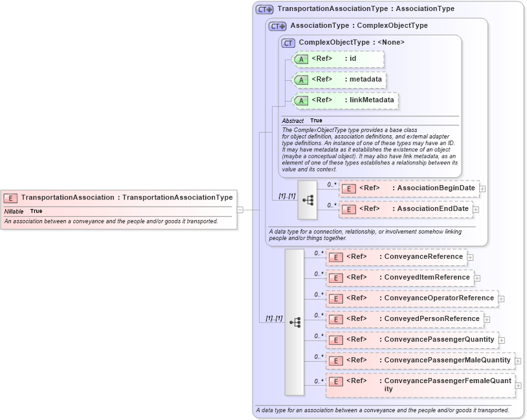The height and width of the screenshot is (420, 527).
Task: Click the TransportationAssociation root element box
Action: pos(118,197)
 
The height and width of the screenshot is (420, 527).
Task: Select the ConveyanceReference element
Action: pos(396,257)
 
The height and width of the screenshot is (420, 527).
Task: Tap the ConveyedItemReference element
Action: pos(399,278)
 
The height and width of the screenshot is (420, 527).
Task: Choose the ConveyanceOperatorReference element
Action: pos(411,298)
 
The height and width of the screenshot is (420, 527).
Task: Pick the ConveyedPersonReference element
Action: pos(404,319)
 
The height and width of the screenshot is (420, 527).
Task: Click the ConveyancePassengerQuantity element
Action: pos(411,340)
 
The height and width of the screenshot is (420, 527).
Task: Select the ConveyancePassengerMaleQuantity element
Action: pos(420,360)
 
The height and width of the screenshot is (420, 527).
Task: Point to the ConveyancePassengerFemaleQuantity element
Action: pos(420,385)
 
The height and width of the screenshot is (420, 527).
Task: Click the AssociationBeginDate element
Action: pos(409,188)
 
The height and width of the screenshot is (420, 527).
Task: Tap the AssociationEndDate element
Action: pos(405,209)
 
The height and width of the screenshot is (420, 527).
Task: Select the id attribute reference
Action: pos(339,59)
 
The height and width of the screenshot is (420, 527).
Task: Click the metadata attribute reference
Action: pos(340,80)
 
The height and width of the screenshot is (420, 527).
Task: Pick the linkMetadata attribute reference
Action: pos(346,100)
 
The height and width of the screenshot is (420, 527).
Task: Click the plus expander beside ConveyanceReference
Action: pos(471,258)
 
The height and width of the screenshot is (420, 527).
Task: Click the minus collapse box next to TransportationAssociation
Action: pos(240,210)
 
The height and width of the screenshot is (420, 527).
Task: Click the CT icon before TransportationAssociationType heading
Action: pos(264,10)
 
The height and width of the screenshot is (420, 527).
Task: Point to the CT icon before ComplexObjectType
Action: pos(288,43)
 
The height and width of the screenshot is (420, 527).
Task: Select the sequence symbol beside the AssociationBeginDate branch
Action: pos(308,199)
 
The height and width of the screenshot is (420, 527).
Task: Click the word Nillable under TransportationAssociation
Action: pos(14,212)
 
